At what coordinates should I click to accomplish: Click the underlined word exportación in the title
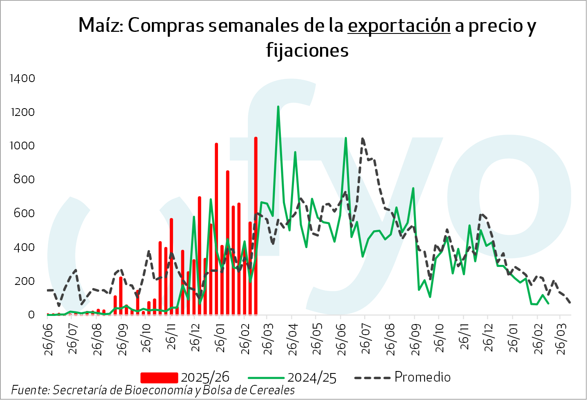(x=399, y=26)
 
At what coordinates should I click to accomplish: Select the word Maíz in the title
(x=100, y=25)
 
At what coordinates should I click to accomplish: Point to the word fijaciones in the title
(x=307, y=51)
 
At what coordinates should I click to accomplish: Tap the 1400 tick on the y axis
(x=22, y=78)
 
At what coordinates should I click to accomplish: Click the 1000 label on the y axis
(x=22, y=146)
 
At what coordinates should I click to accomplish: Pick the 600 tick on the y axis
(x=24, y=213)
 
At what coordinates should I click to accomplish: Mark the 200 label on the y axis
(x=24, y=281)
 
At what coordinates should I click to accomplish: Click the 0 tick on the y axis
(x=31, y=315)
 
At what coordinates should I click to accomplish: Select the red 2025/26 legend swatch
(x=159, y=378)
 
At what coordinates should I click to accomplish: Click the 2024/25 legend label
(x=312, y=378)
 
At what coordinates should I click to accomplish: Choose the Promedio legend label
(x=422, y=377)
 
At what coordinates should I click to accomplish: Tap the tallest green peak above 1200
(x=278, y=107)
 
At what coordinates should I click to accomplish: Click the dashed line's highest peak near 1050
(x=362, y=139)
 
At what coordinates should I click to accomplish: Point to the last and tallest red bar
(x=256, y=139)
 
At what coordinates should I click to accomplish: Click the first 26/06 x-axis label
(x=48, y=340)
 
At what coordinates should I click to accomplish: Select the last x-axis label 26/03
(x=562, y=340)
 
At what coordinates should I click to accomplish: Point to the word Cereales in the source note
(x=272, y=390)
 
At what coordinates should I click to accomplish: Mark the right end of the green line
(x=548, y=303)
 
